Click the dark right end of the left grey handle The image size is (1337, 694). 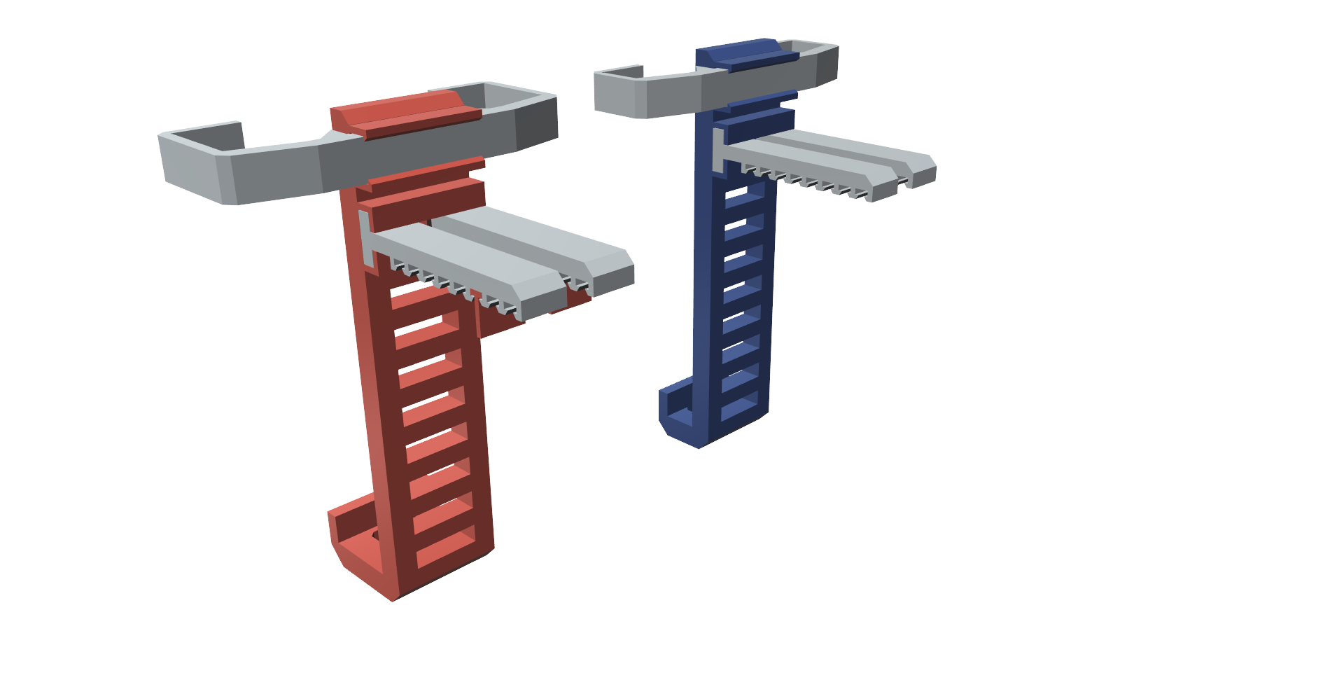click(x=537, y=123)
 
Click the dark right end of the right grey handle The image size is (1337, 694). click(x=827, y=67)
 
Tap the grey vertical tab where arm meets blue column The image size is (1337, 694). click(x=718, y=151)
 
